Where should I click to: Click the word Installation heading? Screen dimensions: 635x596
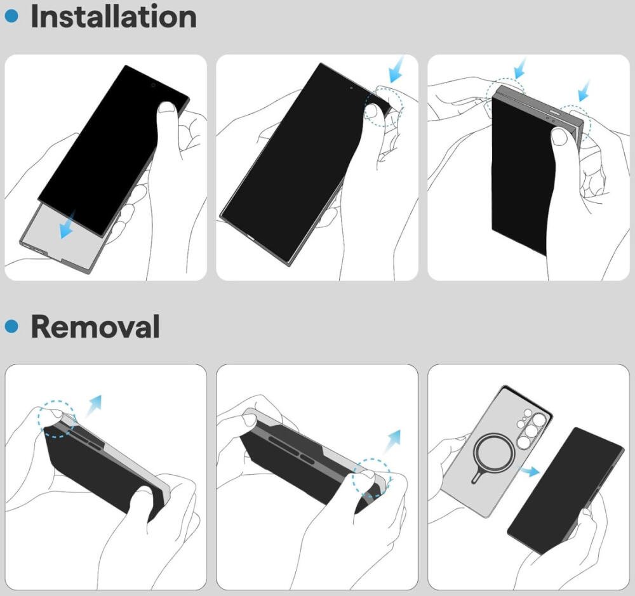click(114, 17)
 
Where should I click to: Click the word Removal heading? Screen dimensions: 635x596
click(95, 326)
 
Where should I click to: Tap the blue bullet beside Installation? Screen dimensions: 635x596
click(11, 17)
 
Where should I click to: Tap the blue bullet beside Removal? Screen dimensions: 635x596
click(11, 326)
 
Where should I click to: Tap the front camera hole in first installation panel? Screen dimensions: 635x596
click(153, 85)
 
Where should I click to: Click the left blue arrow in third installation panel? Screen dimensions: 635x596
click(519, 68)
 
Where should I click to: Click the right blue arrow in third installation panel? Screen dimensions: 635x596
click(584, 91)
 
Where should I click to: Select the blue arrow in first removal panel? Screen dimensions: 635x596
click(93, 406)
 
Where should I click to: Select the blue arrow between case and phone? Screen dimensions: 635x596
click(530, 471)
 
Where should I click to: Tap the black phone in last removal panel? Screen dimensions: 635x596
click(565, 490)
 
